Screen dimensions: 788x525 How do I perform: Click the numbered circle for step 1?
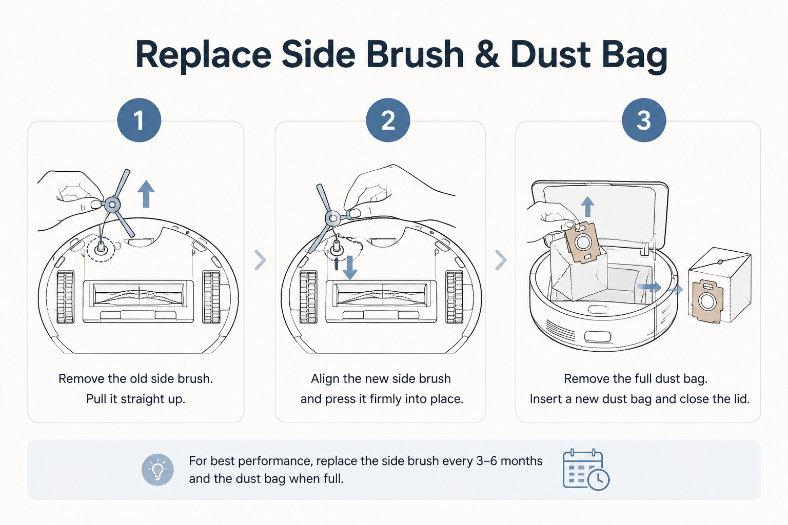click(x=139, y=120)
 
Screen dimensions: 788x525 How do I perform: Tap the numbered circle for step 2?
click(x=388, y=120)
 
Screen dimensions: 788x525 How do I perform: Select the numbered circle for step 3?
click(x=644, y=120)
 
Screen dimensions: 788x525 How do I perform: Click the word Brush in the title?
click(x=415, y=54)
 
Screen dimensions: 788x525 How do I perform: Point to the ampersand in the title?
click(x=487, y=54)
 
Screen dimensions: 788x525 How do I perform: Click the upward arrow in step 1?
click(x=146, y=194)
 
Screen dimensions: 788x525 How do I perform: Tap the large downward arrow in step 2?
click(x=350, y=268)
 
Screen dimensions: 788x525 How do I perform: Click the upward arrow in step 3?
click(x=587, y=207)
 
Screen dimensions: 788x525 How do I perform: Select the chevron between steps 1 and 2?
click(x=260, y=260)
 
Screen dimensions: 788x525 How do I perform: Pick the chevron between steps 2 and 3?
click(x=501, y=260)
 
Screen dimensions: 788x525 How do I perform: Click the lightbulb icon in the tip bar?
click(x=157, y=470)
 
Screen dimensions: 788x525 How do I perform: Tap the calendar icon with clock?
click(x=586, y=470)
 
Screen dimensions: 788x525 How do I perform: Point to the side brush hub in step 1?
click(x=112, y=205)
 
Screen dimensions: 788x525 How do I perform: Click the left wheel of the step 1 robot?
click(x=66, y=297)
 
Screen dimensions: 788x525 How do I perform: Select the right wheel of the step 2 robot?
click(x=455, y=297)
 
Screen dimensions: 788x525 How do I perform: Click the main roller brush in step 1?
click(x=139, y=294)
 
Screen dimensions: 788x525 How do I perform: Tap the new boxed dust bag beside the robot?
click(x=720, y=286)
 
